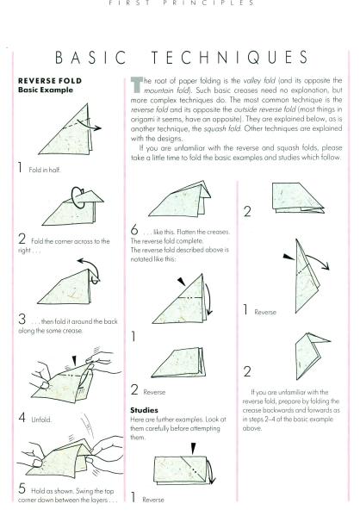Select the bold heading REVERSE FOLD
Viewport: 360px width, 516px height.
46,82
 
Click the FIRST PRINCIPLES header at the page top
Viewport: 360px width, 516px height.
180,4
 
